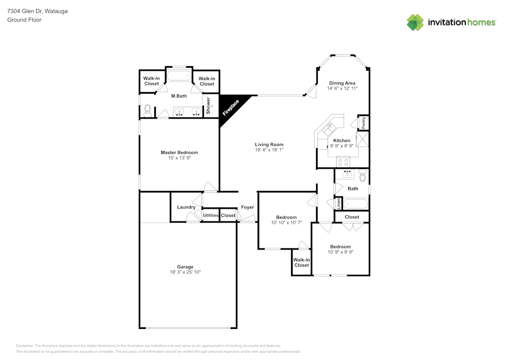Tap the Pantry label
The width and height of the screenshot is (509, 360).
pos(364,123)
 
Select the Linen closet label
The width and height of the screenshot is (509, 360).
pos(338,203)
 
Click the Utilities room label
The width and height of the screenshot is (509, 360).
pos(211,215)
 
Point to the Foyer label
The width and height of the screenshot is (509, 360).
pos(247,207)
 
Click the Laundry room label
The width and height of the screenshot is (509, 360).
pos(186,207)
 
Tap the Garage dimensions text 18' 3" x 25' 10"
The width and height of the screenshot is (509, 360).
pos(185,272)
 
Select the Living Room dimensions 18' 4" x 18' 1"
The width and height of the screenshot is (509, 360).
pos(269,150)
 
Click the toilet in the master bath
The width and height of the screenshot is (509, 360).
pos(147,109)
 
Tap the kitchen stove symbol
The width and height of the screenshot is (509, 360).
pos(344,162)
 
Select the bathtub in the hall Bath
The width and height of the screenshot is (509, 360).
pos(355,205)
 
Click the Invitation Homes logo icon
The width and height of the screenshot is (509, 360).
pos(415,22)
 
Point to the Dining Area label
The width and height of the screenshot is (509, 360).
pos(342,83)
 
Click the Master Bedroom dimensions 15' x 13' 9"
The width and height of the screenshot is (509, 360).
pos(179,158)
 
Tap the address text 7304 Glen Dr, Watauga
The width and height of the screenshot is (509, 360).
pos(37,11)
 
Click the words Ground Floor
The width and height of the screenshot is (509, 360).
pos(24,20)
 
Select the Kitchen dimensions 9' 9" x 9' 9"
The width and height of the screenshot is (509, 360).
pos(342,146)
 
